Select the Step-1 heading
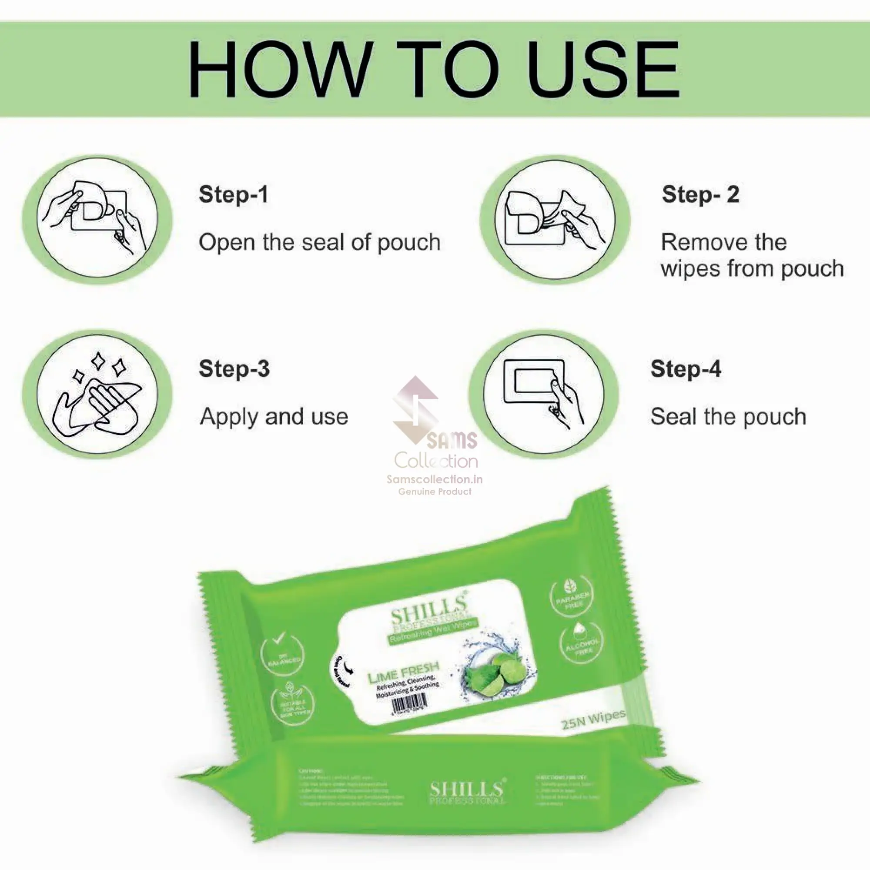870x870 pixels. click(233, 194)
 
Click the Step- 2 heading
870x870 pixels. click(700, 194)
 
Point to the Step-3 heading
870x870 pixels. click(234, 368)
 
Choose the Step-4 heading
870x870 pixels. click(686, 368)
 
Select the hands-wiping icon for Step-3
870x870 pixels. click(97, 394)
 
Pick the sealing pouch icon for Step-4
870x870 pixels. click(543, 394)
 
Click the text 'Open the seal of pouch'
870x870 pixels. click(319, 242)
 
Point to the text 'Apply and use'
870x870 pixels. click(274, 417)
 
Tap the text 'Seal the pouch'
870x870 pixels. click(728, 417)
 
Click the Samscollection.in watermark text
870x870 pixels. click(435, 479)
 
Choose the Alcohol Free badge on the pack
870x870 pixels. click(581, 643)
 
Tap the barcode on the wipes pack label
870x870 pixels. click(409, 703)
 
